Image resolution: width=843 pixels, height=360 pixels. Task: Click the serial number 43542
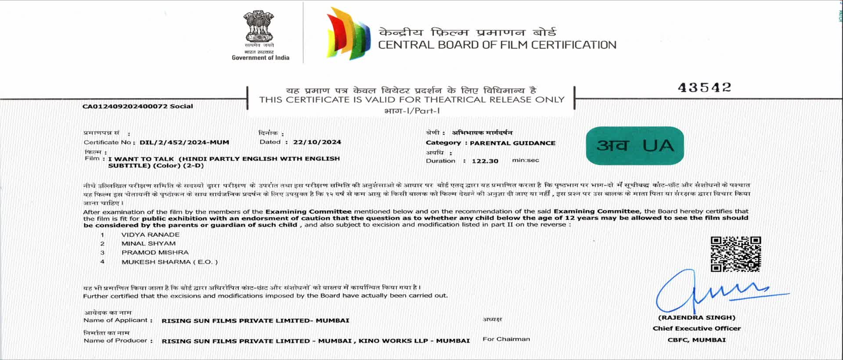pos(704,88)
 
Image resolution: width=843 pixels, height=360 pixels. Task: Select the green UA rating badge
pos(635,146)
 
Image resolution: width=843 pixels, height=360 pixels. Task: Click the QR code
pos(735,254)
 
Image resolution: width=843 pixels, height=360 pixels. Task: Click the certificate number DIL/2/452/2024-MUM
pos(184,142)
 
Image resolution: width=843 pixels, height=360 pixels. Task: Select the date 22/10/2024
pos(317,142)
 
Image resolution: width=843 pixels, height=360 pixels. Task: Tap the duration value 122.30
pos(485,161)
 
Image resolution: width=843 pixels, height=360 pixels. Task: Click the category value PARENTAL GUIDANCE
pos(512,143)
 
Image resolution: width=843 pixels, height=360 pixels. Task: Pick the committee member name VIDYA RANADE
pos(150,235)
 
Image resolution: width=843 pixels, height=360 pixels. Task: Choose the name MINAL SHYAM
pos(148,244)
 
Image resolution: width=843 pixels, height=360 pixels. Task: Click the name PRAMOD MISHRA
pos(155,253)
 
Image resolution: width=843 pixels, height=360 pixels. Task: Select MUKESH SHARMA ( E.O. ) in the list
pos(169,262)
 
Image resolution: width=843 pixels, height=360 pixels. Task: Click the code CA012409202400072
pos(125,106)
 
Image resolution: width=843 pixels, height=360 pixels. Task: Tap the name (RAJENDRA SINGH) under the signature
pos(696,317)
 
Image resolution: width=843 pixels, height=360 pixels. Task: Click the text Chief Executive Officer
pos(696,328)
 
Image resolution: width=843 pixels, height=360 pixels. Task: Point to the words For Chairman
pos(506,339)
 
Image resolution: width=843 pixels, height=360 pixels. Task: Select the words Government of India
pos(260,58)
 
